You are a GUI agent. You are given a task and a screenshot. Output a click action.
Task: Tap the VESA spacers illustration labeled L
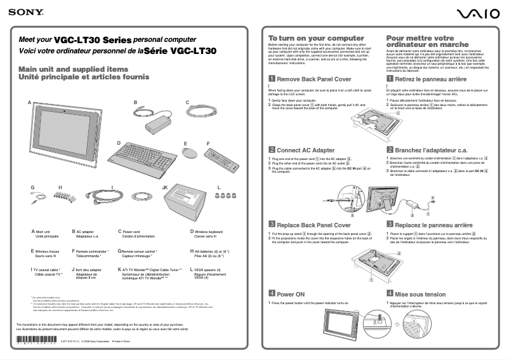click(x=223, y=197)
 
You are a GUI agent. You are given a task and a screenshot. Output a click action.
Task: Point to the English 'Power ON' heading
click(x=291, y=295)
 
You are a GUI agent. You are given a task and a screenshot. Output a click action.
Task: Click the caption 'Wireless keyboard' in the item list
click(x=213, y=232)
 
